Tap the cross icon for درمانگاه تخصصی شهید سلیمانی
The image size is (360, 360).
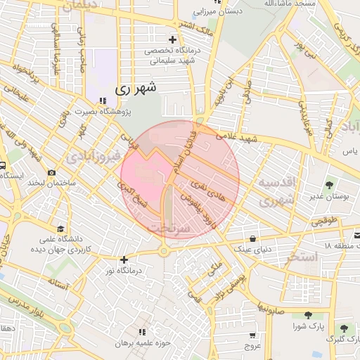[173, 39]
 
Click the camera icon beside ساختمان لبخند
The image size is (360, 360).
[51, 172]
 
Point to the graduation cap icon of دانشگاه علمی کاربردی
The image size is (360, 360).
[60, 229]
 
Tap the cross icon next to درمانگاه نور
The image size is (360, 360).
[124, 260]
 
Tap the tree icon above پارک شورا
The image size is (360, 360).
[308, 316]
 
